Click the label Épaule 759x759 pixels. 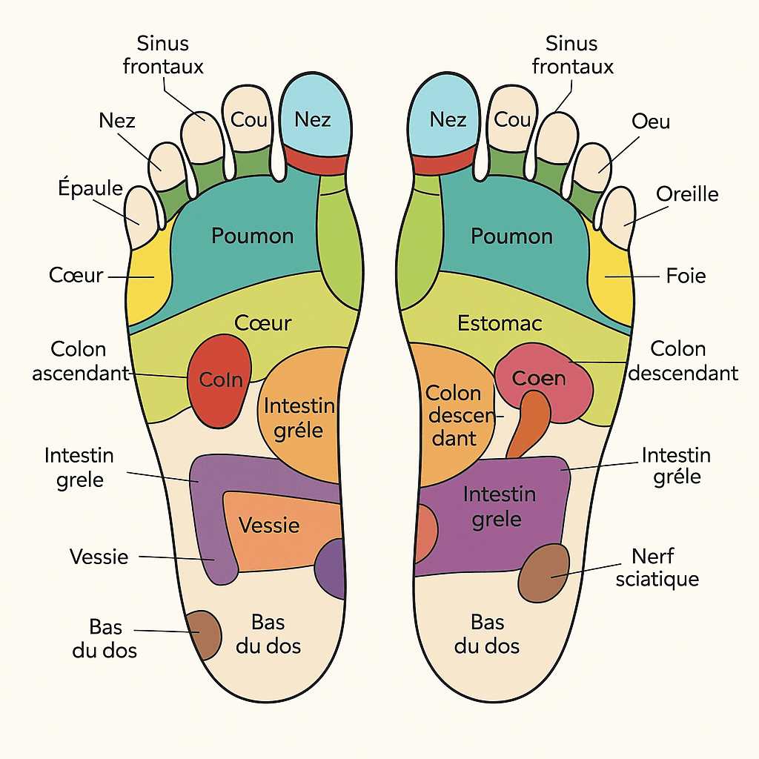(90, 188)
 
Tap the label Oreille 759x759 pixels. (687, 194)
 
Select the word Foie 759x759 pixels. (686, 276)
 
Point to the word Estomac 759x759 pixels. (500, 323)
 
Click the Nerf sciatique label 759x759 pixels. (657, 567)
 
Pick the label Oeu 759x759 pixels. (651, 122)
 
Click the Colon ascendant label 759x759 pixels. (81, 361)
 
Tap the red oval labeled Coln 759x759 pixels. (219, 381)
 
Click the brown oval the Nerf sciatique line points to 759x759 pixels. (543, 573)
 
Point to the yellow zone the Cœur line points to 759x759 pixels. (148, 279)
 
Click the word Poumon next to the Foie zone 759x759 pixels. (511, 236)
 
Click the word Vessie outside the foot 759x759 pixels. (99, 557)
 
